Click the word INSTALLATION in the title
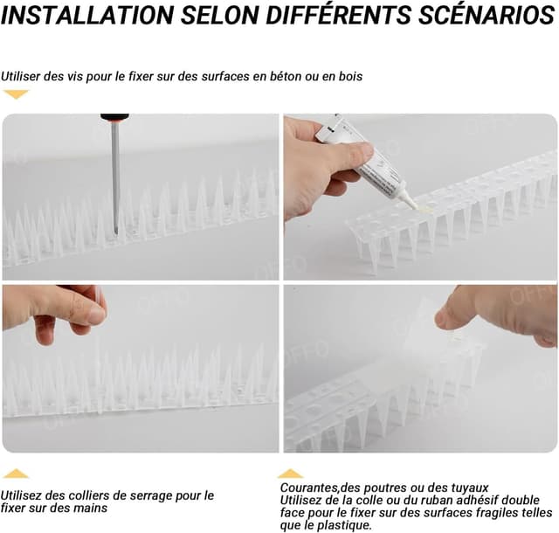click(x=87, y=15)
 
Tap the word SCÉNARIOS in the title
click(x=487, y=15)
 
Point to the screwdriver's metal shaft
click(x=115, y=178)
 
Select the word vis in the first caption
click(x=77, y=76)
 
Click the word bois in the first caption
click(x=350, y=76)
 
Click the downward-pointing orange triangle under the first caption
click(x=16, y=93)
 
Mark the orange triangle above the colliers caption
click(x=16, y=474)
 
